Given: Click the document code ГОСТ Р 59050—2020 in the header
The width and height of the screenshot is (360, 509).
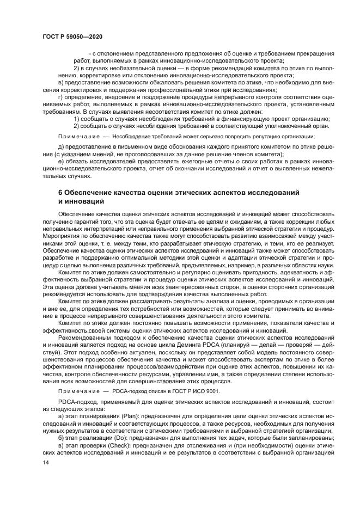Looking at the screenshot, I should (72, 36).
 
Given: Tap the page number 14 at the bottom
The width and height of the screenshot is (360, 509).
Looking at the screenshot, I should (46, 462).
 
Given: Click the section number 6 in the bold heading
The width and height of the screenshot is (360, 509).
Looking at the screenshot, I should (60, 193).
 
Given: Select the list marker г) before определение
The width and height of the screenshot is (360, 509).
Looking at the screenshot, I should (61, 96).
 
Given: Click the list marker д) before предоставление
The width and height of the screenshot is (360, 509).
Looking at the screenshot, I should (61, 147).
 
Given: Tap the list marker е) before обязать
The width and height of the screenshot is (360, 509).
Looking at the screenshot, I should (61, 162).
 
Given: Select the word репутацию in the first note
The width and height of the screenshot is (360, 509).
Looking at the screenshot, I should (272, 136).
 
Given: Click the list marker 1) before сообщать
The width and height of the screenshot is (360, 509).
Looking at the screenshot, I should (76, 118).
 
